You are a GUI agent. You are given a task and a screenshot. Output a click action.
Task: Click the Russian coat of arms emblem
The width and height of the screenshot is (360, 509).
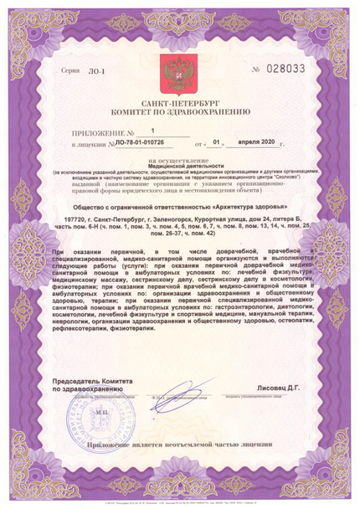coord(178,73)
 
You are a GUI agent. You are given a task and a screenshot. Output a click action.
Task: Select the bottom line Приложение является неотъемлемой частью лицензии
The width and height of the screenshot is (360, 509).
coord(181,445)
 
